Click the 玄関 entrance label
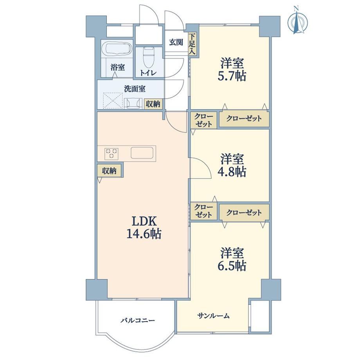pyautogui.click(x=176, y=42)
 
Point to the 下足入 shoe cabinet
pyautogui.click(x=192, y=43)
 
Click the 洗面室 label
pyautogui.click(x=135, y=89)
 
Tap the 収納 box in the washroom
pyautogui.click(x=153, y=104)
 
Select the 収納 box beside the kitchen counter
pyautogui.click(x=109, y=170)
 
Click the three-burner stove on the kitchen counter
pyautogui.click(x=112, y=154)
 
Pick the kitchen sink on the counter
pyautogui.click(x=142, y=153)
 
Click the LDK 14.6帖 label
pyautogui.click(x=144, y=228)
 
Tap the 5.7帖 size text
pyautogui.click(x=232, y=76)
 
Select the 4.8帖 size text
pyautogui.click(x=232, y=171)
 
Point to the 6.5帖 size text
pyautogui.click(x=232, y=266)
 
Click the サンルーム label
pyautogui.click(x=214, y=316)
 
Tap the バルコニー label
pyautogui.click(x=138, y=320)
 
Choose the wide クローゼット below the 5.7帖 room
pyautogui.click(x=244, y=119)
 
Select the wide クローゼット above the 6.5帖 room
pyautogui.click(x=244, y=212)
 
